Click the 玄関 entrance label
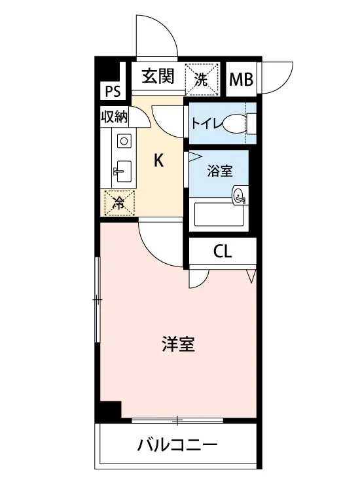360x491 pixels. (x=158, y=77)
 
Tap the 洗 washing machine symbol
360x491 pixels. (x=202, y=79)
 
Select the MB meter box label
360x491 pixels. (x=241, y=79)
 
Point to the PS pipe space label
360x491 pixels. (x=113, y=92)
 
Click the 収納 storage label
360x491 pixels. (x=115, y=117)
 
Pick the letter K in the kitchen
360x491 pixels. (x=158, y=161)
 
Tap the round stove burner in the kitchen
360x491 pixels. (x=124, y=141)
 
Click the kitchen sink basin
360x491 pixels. (x=123, y=172)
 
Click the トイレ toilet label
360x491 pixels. (x=206, y=124)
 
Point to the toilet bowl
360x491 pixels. (x=235, y=124)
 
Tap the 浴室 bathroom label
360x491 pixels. (x=220, y=171)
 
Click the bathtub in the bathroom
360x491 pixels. (x=219, y=215)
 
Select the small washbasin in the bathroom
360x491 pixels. (x=240, y=195)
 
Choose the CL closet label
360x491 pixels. (x=223, y=251)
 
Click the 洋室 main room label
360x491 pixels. (x=178, y=344)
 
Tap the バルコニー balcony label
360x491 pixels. (x=177, y=445)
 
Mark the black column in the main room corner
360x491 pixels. (x=110, y=409)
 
